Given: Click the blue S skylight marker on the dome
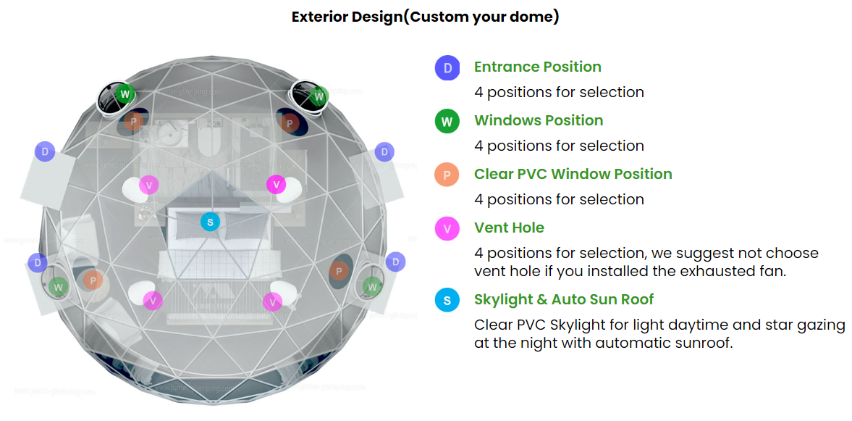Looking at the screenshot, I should (210, 222).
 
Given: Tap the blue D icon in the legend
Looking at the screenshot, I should (447, 68).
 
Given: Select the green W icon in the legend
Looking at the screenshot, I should (447, 122).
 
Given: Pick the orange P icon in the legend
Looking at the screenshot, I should (447, 175).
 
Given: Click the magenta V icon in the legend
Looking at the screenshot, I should (447, 229).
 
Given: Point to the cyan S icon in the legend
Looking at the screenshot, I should (447, 300).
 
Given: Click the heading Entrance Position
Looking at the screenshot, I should (537, 67).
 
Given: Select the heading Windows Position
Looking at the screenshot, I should (538, 120).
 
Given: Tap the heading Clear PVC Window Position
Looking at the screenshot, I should (573, 174).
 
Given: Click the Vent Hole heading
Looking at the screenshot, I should (509, 228).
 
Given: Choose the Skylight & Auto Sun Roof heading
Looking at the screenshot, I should (564, 299).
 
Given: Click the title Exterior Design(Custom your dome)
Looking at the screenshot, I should (425, 17).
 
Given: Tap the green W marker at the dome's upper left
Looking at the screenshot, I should (125, 93).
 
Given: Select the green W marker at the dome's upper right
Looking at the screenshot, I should (319, 96).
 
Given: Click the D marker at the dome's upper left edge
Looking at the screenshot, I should (45, 151).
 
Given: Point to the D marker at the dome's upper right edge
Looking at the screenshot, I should (384, 152).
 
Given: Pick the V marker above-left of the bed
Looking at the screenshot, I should (149, 184).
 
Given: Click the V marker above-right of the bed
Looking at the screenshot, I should (276, 184).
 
